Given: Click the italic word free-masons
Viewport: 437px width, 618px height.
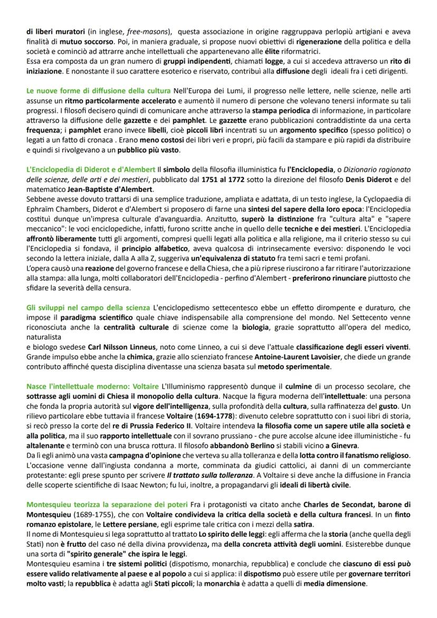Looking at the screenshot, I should pyautogui.click(x=132, y=31).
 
